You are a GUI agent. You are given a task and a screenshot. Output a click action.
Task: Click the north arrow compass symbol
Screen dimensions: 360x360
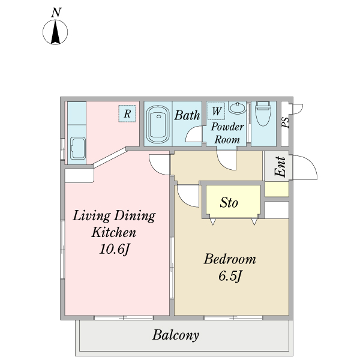55,32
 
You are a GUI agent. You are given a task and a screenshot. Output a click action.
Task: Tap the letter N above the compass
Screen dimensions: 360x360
56,13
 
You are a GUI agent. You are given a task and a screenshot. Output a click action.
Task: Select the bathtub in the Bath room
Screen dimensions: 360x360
158,124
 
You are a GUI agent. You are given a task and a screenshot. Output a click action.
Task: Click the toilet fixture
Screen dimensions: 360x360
263,113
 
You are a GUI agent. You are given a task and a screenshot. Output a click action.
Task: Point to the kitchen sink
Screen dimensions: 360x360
78,148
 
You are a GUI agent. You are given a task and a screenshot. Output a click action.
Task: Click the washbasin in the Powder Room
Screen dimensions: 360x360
237,107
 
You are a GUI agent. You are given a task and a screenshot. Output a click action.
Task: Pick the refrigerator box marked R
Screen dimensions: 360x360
127,113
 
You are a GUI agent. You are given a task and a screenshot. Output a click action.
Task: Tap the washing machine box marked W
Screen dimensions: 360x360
216,111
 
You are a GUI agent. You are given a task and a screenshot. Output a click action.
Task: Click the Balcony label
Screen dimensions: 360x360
176,335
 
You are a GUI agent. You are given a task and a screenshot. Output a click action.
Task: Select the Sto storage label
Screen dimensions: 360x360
229,203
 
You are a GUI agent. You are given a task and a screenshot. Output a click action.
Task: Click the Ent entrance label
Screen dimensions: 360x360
281,167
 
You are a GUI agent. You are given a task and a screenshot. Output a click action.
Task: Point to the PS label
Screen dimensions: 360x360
286,122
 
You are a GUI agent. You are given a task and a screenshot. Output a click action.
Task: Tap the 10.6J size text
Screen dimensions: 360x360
115,249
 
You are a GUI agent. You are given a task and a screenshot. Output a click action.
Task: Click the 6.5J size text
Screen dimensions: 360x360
230,276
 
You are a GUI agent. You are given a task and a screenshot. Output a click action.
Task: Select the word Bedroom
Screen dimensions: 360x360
230,259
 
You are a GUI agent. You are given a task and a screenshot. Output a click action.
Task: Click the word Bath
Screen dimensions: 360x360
187,115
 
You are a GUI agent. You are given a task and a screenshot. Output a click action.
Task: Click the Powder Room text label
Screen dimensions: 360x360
227,133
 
